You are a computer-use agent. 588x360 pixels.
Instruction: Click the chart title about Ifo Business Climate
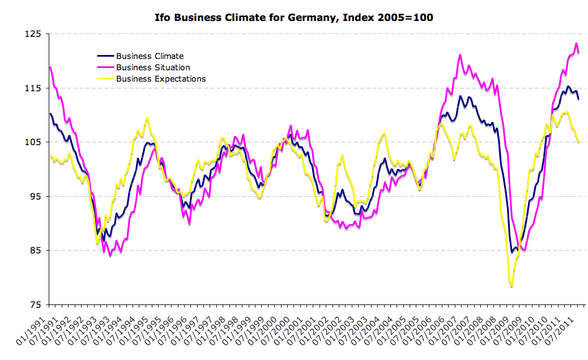pyautogui.click(x=294, y=17)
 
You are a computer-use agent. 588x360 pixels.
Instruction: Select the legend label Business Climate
pyautogui.click(x=150, y=56)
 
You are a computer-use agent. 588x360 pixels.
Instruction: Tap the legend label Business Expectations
pyautogui.click(x=161, y=79)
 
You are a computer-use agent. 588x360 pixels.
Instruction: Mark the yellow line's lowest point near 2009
pyautogui.click(x=512, y=287)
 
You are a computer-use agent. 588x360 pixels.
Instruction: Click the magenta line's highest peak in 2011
pyautogui.click(x=576, y=44)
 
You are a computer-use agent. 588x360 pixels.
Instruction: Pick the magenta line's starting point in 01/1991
pyautogui.click(x=50, y=67)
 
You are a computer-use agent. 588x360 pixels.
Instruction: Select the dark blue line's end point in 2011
pyautogui.click(x=578, y=99)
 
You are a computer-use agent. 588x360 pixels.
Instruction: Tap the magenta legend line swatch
pyautogui.click(x=105, y=67)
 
